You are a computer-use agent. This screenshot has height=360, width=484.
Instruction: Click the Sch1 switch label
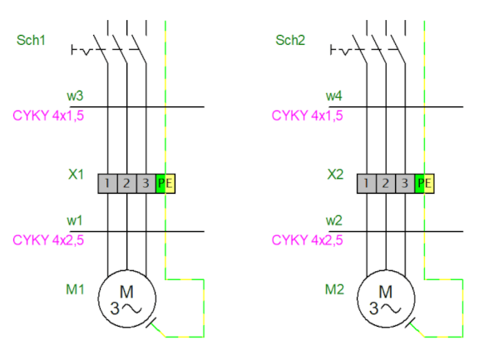(31, 40)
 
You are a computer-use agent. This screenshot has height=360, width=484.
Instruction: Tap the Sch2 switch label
(290, 40)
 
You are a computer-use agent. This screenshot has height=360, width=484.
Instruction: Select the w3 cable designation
(75, 96)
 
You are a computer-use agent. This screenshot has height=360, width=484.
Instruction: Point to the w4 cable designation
(334, 96)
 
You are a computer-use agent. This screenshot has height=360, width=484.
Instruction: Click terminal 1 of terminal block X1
(108, 184)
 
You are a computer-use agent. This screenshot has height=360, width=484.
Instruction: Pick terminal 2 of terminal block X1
(127, 184)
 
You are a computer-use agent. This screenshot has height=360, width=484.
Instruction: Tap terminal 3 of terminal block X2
(405, 184)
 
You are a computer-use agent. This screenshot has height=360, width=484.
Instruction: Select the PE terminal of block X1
(165, 184)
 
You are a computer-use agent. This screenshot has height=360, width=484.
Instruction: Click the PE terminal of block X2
(424, 184)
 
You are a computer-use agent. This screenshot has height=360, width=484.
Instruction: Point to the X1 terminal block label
(76, 175)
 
